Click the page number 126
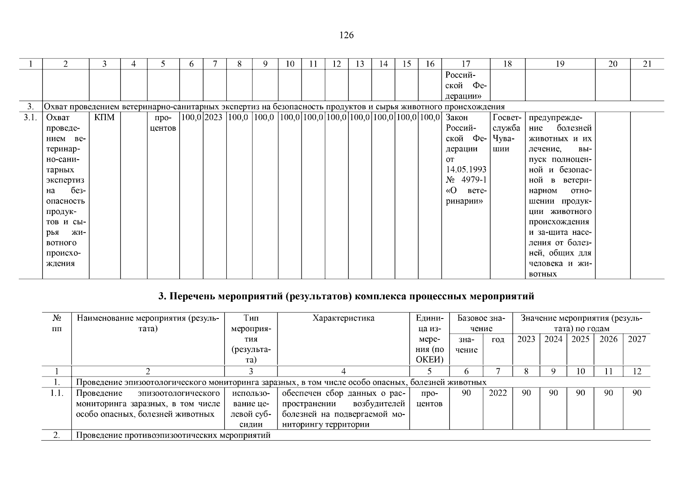(x=346, y=36)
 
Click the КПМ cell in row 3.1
(x=105, y=118)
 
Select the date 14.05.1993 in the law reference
(x=466, y=169)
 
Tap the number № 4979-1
(x=466, y=180)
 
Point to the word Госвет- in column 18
(x=507, y=118)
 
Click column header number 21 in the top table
(x=647, y=64)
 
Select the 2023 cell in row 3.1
(x=214, y=118)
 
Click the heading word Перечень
(x=192, y=296)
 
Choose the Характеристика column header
(x=343, y=318)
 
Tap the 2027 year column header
(x=637, y=339)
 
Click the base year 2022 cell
(x=497, y=393)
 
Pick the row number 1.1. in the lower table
(x=57, y=393)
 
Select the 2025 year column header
(x=580, y=339)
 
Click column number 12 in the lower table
(x=637, y=371)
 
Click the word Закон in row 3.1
(x=457, y=118)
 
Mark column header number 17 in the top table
(x=466, y=64)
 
